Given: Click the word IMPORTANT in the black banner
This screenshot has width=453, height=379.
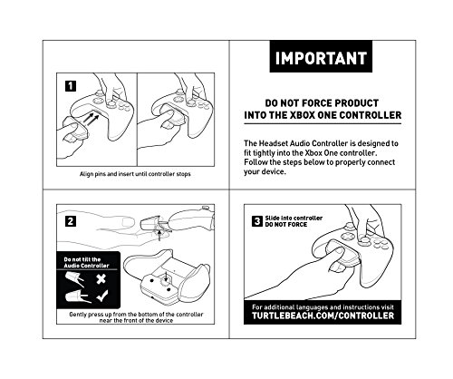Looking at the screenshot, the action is pyautogui.click(x=321, y=58).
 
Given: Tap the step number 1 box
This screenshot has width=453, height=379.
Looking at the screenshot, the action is pyautogui.click(x=71, y=86).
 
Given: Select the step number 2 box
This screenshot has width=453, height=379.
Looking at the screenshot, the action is pyautogui.click(x=71, y=221).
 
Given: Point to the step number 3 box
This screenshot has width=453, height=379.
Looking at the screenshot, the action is pyautogui.click(x=257, y=221).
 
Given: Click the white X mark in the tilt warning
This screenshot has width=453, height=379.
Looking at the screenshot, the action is pyautogui.click(x=101, y=278).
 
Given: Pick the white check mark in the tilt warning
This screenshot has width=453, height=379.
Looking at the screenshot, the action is pyautogui.click(x=101, y=296).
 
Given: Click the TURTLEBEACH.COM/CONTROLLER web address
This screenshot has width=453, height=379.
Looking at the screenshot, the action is pyautogui.click(x=323, y=316).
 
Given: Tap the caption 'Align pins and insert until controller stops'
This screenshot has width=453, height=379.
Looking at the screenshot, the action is pyautogui.click(x=135, y=174).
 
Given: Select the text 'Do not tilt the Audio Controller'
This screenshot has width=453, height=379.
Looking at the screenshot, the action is pyautogui.click(x=86, y=262).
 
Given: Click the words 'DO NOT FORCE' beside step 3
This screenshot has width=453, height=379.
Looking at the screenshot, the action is pyautogui.click(x=286, y=225).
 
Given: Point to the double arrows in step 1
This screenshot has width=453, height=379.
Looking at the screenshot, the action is pyautogui.click(x=92, y=119).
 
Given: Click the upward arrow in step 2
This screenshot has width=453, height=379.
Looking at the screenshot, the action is pyautogui.click(x=159, y=235).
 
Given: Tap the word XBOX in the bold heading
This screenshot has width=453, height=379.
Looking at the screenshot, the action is pyautogui.click(x=303, y=115).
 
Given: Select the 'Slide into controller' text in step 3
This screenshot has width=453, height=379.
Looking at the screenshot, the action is pyautogui.click(x=294, y=218).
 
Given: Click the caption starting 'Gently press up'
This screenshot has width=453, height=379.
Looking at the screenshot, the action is pyautogui.click(x=136, y=317).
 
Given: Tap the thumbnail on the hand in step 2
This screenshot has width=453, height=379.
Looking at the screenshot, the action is pyautogui.click(x=129, y=223).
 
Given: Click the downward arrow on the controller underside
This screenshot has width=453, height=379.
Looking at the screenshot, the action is pyautogui.click(x=166, y=277).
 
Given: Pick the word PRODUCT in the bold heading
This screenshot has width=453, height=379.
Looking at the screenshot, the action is pyautogui.click(x=357, y=103).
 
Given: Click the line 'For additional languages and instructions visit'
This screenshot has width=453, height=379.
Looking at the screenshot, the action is pyautogui.click(x=323, y=307).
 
